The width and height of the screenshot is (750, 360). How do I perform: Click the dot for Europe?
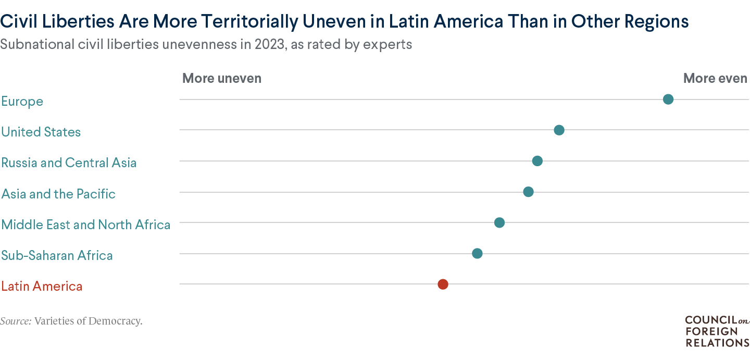668,100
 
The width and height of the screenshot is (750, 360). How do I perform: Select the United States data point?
559,130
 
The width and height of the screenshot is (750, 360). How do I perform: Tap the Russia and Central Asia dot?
537,161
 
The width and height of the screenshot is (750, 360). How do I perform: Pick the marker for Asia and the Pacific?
528,192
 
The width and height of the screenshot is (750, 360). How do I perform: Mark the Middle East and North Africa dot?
499,223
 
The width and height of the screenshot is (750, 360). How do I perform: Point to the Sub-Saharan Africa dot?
477,254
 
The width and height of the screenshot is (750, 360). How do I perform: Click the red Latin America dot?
443,284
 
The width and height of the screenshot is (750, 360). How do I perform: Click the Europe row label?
22,101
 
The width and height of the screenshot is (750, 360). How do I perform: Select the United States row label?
41,132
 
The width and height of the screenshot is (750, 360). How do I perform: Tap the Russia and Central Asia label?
69,163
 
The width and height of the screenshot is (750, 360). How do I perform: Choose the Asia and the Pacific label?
58,194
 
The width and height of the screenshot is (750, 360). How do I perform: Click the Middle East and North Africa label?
86,225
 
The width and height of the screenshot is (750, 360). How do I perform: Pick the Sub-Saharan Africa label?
57,255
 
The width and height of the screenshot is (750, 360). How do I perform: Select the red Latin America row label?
42,286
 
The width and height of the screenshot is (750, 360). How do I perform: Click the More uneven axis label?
222,78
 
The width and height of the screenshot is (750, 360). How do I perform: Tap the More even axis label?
715,78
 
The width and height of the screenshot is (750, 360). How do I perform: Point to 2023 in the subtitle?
254,44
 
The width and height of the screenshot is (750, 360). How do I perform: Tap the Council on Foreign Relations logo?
717,331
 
